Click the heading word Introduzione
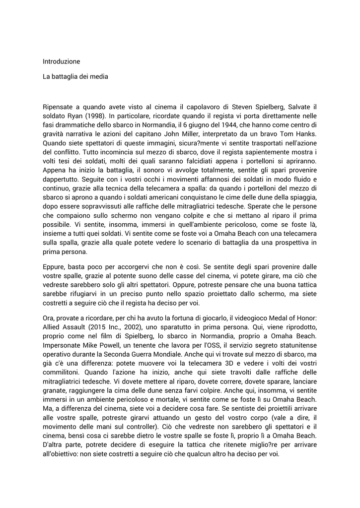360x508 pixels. (61, 62)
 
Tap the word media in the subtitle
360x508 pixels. (98, 77)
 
